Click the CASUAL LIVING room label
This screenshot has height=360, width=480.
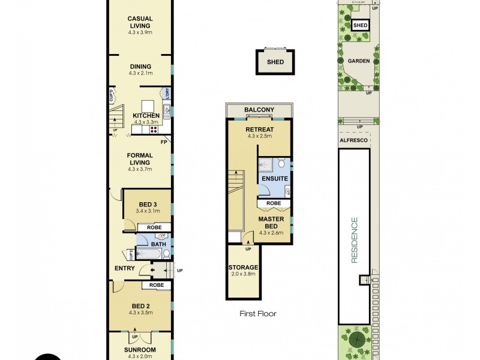[x=139, y=22]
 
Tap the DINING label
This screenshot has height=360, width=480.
[x=139, y=67]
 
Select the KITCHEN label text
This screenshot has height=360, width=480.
[x=146, y=115]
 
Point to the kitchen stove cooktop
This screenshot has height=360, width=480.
[x=154, y=128]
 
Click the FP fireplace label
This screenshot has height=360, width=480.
[x=163, y=142]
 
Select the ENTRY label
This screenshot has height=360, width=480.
[x=124, y=268]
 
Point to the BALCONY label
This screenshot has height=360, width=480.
[x=259, y=110]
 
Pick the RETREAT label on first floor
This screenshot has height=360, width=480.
[x=259, y=129]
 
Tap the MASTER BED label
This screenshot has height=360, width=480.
[x=271, y=223]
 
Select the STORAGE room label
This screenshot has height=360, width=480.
[x=243, y=267]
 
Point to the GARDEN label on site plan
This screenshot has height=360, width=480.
[x=358, y=61]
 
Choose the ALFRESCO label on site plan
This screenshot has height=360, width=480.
[x=353, y=139]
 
